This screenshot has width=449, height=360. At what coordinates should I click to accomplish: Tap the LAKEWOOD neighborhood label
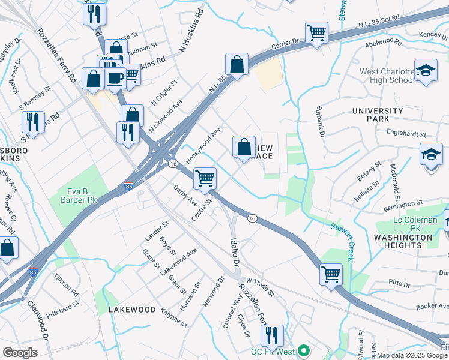click(129, 310)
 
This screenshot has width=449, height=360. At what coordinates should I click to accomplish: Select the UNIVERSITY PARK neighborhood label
click(378, 115)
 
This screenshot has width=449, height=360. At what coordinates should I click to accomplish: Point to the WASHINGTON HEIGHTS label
click(402, 241)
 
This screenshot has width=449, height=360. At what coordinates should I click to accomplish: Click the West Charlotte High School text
click(387, 76)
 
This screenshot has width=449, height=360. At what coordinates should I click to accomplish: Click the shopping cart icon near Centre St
click(205, 178)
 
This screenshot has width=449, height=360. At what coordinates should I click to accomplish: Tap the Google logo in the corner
click(20, 352)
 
